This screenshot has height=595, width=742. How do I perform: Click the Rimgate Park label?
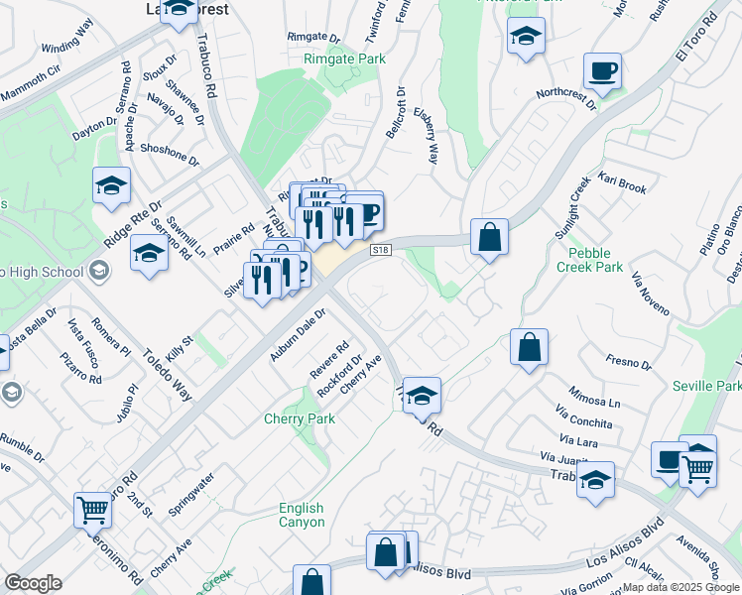click(x=343, y=59)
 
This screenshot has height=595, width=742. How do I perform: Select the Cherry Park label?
click(x=299, y=418)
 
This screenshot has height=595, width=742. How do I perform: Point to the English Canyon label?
click(x=301, y=516)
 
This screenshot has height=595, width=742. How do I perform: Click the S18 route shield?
click(x=380, y=250)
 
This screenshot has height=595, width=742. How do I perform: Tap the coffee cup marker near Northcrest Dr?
click(x=602, y=72)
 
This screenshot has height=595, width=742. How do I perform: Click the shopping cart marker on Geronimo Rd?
click(x=92, y=510)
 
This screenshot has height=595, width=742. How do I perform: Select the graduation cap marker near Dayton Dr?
click(x=112, y=185)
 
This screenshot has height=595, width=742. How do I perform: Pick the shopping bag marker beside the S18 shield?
click(x=489, y=238)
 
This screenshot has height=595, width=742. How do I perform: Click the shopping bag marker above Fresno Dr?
click(x=530, y=348)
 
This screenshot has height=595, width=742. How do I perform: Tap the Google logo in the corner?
click(x=33, y=583)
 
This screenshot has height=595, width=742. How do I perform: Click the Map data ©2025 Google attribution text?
click(x=680, y=587)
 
